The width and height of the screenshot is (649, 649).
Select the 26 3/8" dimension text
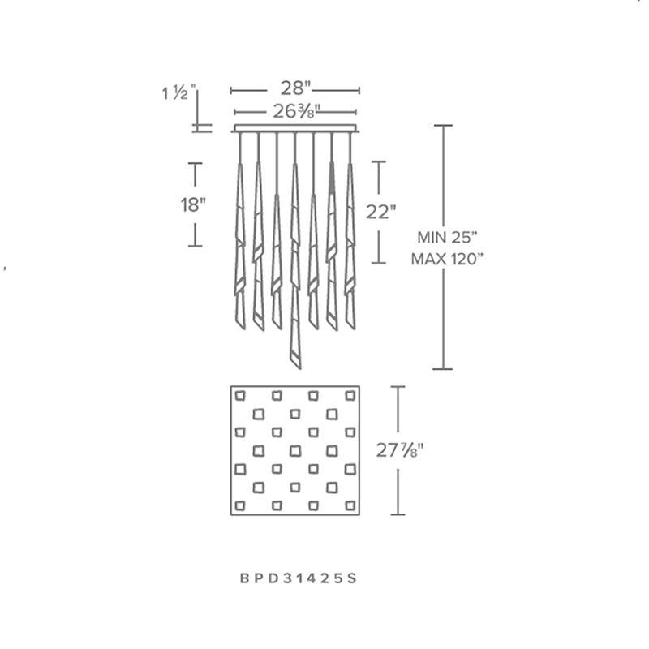click(295, 112)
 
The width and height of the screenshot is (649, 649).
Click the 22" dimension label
click(380, 212)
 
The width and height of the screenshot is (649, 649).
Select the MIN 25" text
click(448, 239)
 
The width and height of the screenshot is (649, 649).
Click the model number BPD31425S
click(299, 578)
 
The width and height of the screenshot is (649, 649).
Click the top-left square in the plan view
click(240, 396)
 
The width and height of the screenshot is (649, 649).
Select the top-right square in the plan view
click(350, 396)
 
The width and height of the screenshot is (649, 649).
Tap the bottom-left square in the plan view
click(240, 505)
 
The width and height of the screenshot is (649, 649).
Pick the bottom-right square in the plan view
click(350, 505)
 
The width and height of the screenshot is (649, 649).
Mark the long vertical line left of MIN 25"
click(442, 308)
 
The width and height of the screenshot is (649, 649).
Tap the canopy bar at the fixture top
click(295, 128)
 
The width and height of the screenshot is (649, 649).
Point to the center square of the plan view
click(295, 450)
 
